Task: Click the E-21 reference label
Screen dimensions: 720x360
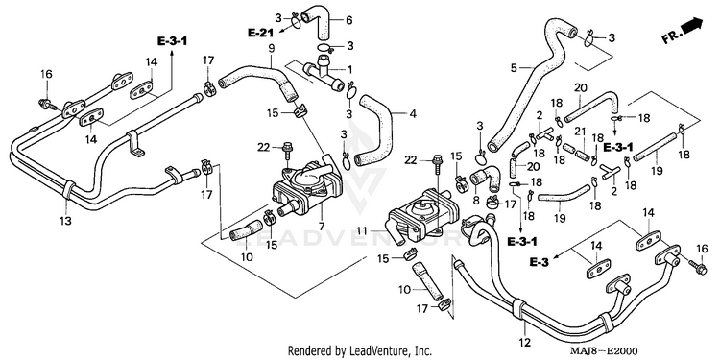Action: coord(260,33)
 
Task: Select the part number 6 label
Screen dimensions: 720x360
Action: coord(348,20)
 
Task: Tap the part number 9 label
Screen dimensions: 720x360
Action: coord(271,48)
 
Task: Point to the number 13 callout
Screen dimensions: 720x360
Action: coord(65,222)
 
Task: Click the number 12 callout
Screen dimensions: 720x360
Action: coord(525,342)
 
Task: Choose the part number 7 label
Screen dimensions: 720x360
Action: coord(322,227)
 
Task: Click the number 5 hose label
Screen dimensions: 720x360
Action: coord(514,69)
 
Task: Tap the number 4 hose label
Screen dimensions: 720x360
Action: coord(413,113)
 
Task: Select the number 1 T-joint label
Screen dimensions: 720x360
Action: coord(349,70)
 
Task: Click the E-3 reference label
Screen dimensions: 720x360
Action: coord(539,262)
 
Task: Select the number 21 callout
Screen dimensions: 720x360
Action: coord(581,132)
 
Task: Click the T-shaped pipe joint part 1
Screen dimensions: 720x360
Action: coord(324,73)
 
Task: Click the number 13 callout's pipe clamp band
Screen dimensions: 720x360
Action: coord(67,191)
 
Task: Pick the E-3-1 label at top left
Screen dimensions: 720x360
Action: coord(172,41)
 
